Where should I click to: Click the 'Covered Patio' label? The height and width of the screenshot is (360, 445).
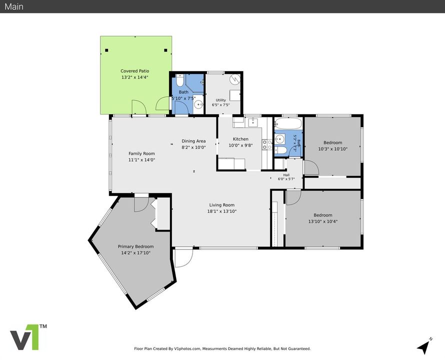pos(135,71)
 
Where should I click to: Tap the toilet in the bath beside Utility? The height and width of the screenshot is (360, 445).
pos(179,80)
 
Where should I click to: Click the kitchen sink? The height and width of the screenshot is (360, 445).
pos(253,122)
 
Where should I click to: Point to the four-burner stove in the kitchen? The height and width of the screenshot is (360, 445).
pos(267,144)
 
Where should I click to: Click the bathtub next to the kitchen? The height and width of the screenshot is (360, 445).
pos(288,124)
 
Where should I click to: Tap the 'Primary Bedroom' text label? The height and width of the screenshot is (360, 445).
pos(135,246)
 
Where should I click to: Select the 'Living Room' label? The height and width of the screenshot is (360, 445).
pos(222,205)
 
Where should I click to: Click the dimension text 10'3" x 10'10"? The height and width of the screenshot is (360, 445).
pos(333,149)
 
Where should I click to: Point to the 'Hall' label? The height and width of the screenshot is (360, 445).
pos(286,175)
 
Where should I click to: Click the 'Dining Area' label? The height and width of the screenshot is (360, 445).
pos(193,141)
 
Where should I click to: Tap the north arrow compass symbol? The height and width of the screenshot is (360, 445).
pos(424,346)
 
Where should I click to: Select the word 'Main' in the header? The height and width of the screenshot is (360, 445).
pos(14,6)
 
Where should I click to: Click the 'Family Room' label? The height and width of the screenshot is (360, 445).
pos(141,153)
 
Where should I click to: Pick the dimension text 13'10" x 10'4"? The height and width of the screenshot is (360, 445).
pos(323,221)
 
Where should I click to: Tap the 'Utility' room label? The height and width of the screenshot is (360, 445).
pos(221,100)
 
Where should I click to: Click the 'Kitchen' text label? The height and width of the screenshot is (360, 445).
pos(240,139)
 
